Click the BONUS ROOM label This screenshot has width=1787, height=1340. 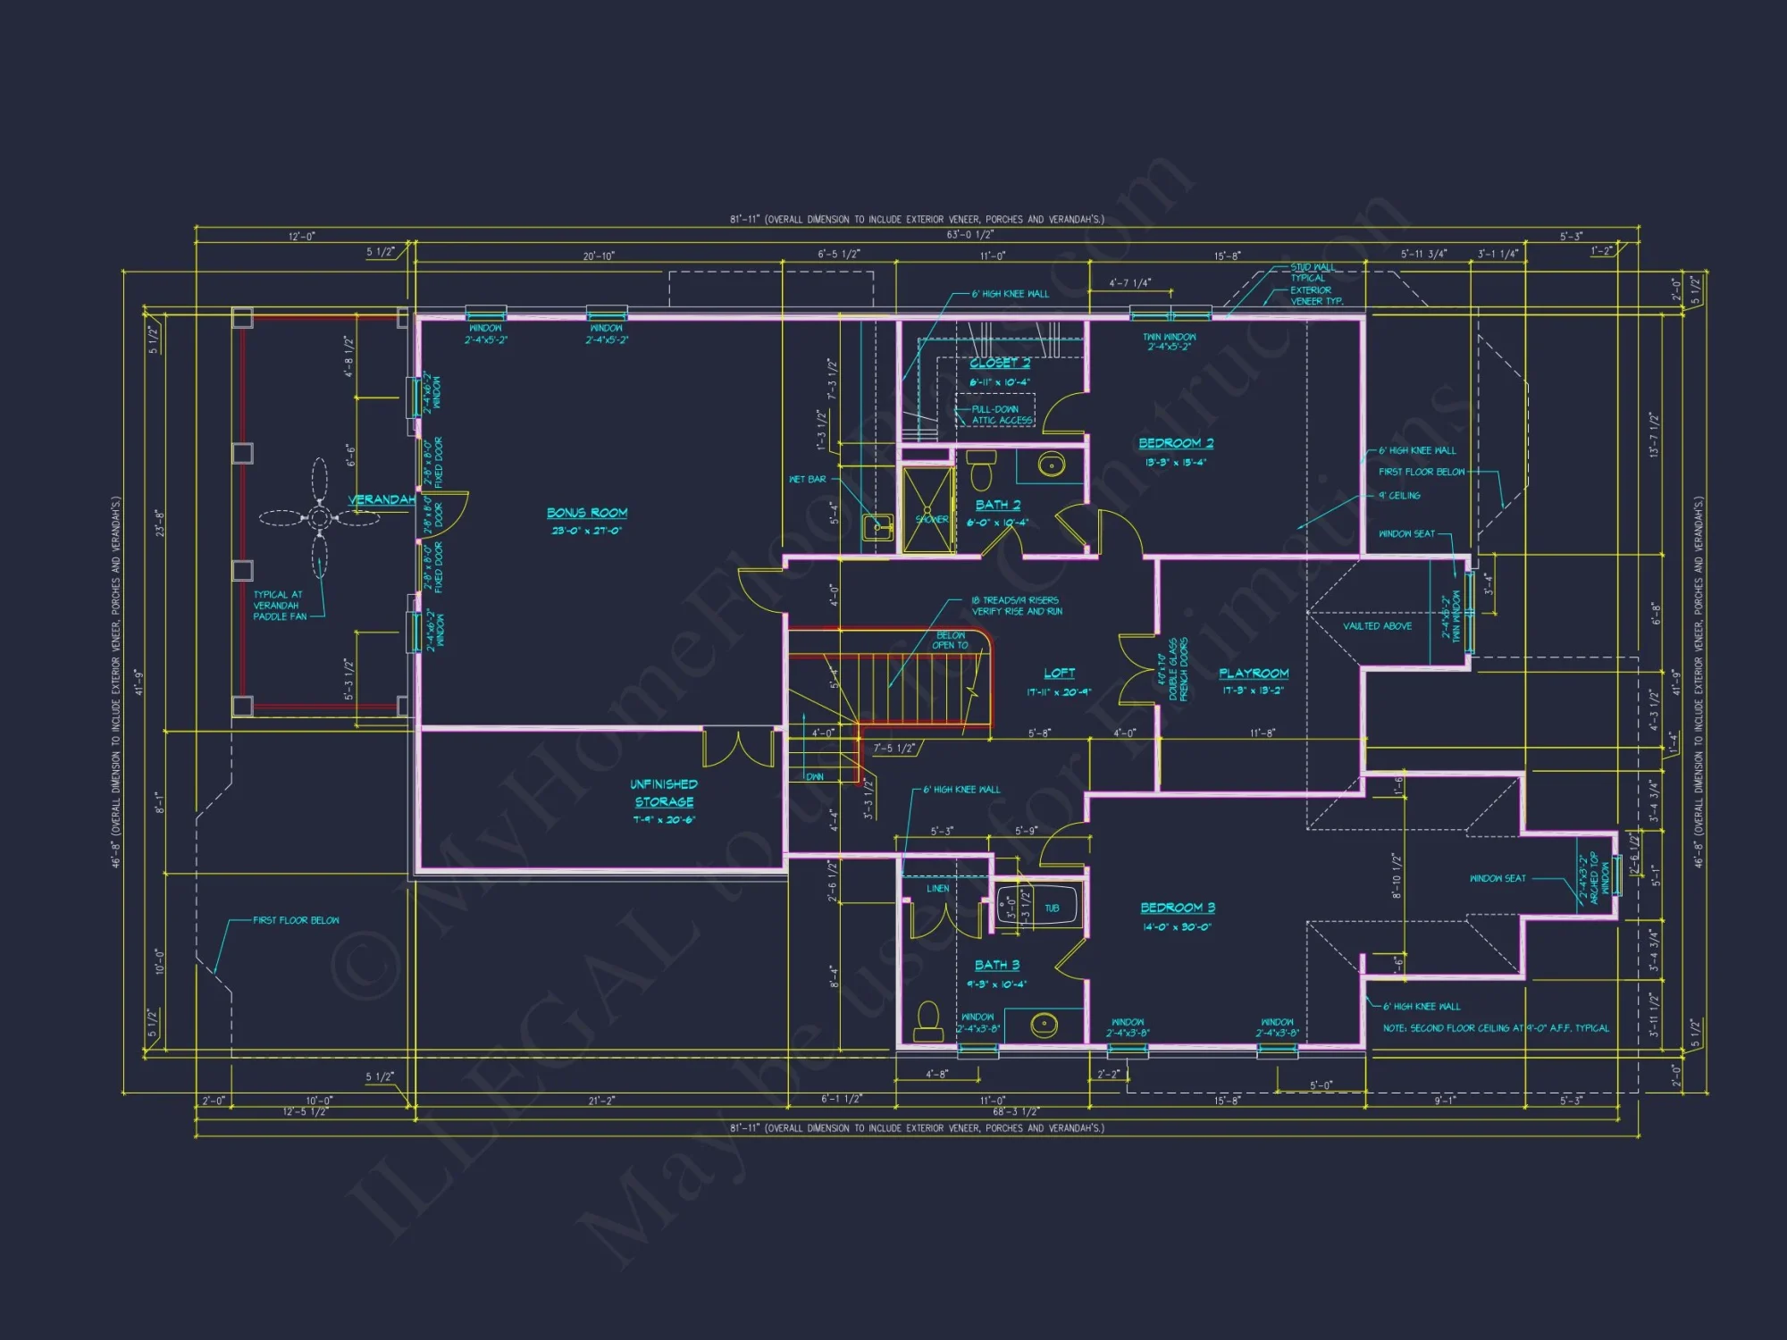click(x=587, y=513)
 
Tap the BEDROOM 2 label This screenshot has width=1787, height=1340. click(x=1176, y=443)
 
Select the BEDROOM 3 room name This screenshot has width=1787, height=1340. click(x=1178, y=908)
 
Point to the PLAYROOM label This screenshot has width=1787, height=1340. click(x=1254, y=674)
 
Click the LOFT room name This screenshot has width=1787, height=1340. click(x=1059, y=673)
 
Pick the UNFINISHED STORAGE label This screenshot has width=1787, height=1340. click(x=664, y=793)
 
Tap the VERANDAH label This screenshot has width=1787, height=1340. click(x=382, y=499)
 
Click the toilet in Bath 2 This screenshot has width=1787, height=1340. click(x=981, y=469)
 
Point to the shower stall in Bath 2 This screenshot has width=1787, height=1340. click(x=928, y=509)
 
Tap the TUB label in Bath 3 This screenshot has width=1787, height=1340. click(x=1052, y=909)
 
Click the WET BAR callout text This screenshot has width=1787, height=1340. click(x=807, y=480)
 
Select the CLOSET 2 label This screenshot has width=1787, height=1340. click(x=1000, y=364)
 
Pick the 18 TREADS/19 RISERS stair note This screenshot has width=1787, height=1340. click(x=1016, y=606)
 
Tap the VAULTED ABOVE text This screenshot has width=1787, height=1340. click(x=1377, y=626)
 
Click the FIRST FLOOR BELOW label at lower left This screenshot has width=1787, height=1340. click(x=296, y=920)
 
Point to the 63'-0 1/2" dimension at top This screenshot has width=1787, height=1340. click(x=969, y=235)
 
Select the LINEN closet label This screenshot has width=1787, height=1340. click(x=937, y=889)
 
